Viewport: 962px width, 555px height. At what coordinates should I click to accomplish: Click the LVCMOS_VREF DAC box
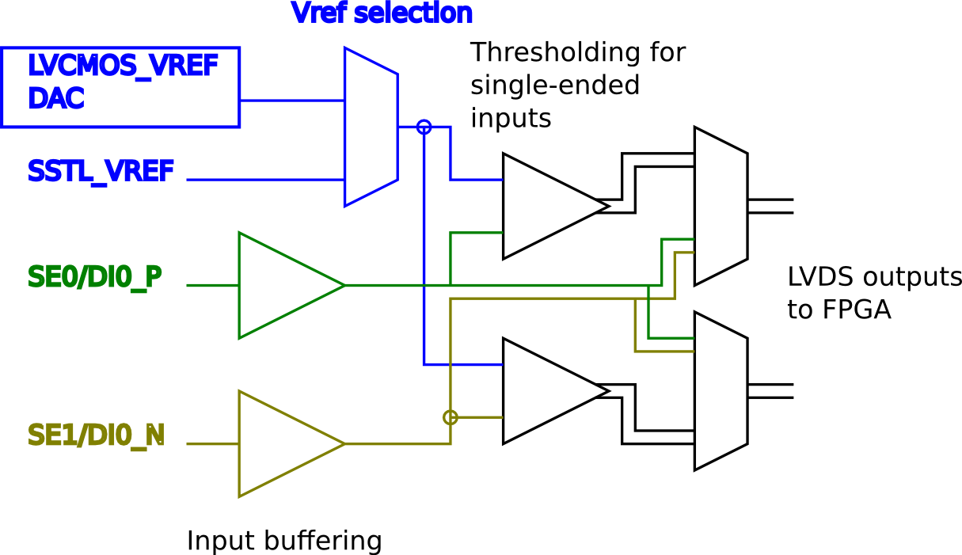click(120, 87)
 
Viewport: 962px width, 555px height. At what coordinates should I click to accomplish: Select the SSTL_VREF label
click(101, 171)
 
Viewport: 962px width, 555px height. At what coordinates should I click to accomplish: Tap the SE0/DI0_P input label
click(96, 277)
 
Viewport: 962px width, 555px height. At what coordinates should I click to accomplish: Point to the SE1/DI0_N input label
click(97, 435)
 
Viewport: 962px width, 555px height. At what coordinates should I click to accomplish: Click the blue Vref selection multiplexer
click(371, 127)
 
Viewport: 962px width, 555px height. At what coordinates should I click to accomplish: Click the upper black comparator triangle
click(546, 206)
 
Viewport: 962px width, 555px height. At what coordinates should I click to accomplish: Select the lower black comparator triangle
click(546, 391)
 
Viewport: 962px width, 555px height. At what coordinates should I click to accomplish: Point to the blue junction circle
click(424, 127)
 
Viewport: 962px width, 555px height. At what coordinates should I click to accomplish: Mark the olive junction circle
click(451, 417)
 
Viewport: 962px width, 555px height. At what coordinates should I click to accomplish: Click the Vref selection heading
click(382, 13)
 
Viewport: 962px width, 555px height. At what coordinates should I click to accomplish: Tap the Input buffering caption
click(284, 541)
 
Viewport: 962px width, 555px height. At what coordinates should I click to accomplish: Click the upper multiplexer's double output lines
click(770, 206)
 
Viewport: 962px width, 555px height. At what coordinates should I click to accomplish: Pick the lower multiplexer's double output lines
click(770, 391)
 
